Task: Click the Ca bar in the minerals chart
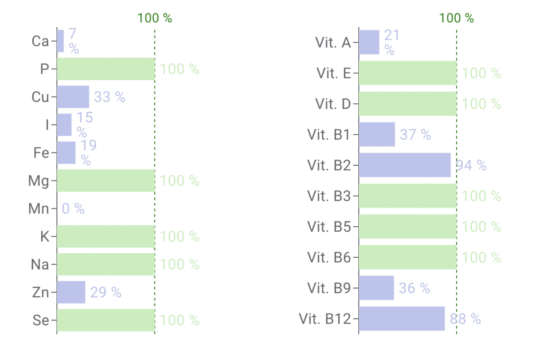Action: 60,41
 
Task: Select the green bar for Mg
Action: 105,181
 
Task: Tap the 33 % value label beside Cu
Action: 109,97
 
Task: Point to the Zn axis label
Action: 41,292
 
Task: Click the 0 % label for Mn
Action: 73,208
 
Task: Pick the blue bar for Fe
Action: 66,152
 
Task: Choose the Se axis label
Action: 41,320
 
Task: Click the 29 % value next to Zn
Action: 105,292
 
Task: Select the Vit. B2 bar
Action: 404,165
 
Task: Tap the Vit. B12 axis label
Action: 325,318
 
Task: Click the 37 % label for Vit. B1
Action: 415,135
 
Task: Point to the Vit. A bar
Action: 369,42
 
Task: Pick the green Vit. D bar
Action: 407,104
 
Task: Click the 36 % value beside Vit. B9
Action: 414,288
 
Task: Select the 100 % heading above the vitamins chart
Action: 456,18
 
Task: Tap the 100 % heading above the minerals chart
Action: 155,18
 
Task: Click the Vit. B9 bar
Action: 376,288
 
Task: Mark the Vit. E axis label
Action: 334,73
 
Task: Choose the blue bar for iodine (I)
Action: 64,125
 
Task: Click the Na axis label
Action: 40,264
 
